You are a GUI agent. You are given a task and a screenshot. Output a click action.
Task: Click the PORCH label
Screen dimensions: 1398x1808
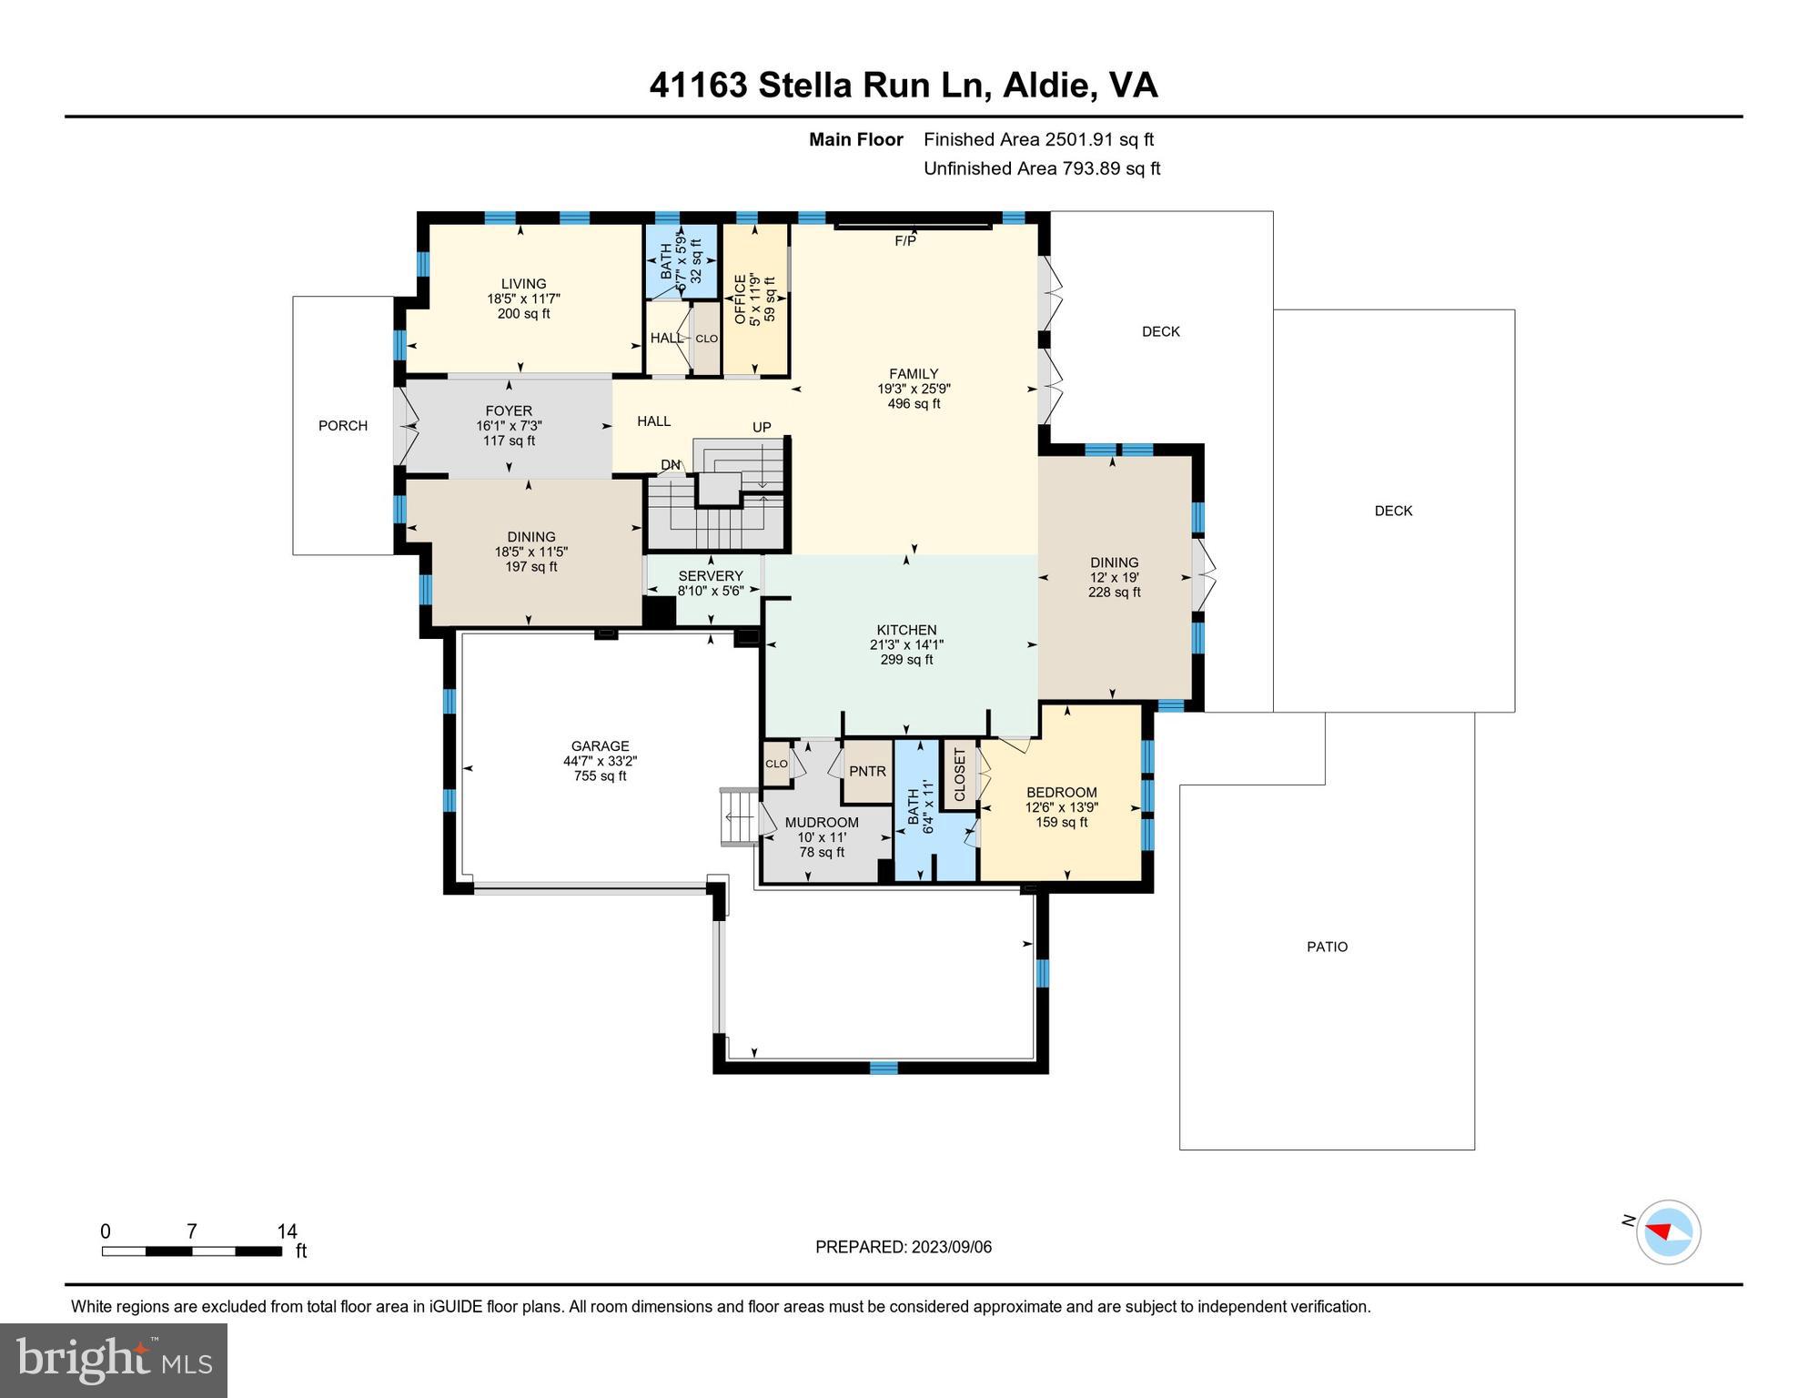[343, 426]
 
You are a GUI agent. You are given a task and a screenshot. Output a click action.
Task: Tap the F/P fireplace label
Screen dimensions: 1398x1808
[904, 241]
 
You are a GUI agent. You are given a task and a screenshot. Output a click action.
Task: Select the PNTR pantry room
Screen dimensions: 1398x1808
[867, 772]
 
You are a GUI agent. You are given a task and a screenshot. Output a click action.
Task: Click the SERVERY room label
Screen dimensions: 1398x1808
[710, 576]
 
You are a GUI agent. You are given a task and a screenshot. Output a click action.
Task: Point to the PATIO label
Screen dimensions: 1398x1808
[1327, 947]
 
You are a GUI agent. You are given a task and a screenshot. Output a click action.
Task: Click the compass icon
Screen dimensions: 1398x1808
[1668, 1232]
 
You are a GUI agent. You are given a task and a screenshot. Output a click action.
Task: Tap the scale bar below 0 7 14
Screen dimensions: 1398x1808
[191, 1251]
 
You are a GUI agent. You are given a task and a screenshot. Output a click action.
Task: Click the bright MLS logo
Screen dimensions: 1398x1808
[114, 1360]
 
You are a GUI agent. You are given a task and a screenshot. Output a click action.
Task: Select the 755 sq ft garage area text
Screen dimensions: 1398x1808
[600, 776]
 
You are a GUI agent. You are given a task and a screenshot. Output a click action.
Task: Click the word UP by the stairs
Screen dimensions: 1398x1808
[762, 428]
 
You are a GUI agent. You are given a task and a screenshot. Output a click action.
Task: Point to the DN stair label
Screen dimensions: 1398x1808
[671, 465]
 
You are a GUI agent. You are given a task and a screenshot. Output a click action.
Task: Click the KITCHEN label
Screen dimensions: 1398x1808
[906, 630]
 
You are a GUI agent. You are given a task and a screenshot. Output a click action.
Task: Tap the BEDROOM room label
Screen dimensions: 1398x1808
[1061, 793]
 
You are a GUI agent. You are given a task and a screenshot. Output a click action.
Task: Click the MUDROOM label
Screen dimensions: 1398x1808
[822, 823]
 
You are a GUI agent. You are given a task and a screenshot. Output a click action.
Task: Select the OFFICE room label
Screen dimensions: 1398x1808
[740, 299]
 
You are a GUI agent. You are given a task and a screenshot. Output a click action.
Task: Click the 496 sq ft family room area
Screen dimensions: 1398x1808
[914, 404]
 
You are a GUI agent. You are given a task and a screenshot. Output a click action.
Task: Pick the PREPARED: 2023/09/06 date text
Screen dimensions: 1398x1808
[903, 1247]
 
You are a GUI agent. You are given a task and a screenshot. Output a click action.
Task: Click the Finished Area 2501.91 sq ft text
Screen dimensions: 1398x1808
[1038, 139]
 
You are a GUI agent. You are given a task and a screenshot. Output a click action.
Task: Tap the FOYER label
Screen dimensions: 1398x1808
[509, 411]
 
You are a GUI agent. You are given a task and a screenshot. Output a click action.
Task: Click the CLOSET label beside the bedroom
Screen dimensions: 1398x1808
[959, 774]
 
